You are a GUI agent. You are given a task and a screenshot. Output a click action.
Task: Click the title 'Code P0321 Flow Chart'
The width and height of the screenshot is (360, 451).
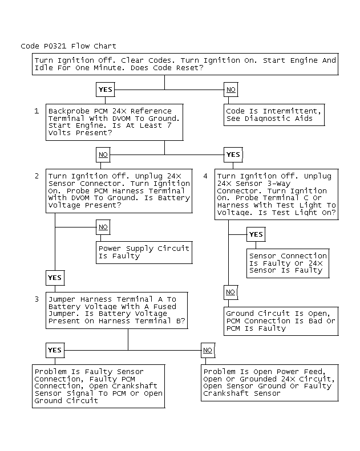(68, 46)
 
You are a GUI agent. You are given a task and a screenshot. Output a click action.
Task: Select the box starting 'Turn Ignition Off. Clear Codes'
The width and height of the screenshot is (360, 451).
(185, 64)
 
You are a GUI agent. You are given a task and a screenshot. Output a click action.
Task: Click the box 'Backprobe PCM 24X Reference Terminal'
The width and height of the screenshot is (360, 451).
(114, 122)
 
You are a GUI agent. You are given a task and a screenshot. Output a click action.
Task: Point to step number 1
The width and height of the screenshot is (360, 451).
(37, 111)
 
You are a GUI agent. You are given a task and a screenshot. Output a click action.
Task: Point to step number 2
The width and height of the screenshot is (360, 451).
(37, 176)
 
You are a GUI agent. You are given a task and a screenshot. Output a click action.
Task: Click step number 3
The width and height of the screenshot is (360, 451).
(37, 299)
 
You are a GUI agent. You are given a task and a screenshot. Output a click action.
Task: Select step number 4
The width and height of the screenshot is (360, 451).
(205, 176)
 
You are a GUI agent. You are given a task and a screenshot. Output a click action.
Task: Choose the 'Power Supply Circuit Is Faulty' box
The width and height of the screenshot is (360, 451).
(144, 252)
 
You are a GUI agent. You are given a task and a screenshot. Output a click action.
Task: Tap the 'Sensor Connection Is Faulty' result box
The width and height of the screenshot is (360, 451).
(288, 263)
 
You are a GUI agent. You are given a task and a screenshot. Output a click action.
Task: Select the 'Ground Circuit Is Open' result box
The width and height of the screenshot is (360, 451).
(281, 321)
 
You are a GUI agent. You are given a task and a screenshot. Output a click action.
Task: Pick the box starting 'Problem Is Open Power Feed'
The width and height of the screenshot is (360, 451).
(268, 383)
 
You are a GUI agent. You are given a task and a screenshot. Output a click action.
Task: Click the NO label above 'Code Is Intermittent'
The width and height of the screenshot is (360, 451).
(230, 90)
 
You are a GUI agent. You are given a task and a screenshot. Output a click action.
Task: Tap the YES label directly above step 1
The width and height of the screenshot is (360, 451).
(106, 90)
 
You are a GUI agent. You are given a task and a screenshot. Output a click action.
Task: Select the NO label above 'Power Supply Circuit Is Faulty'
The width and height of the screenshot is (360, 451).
(103, 227)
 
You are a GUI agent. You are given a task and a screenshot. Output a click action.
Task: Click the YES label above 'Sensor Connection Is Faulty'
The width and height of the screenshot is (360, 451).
(256, 234)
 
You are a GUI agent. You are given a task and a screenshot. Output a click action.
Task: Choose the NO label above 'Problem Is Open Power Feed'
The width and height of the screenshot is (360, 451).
(208, 350)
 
